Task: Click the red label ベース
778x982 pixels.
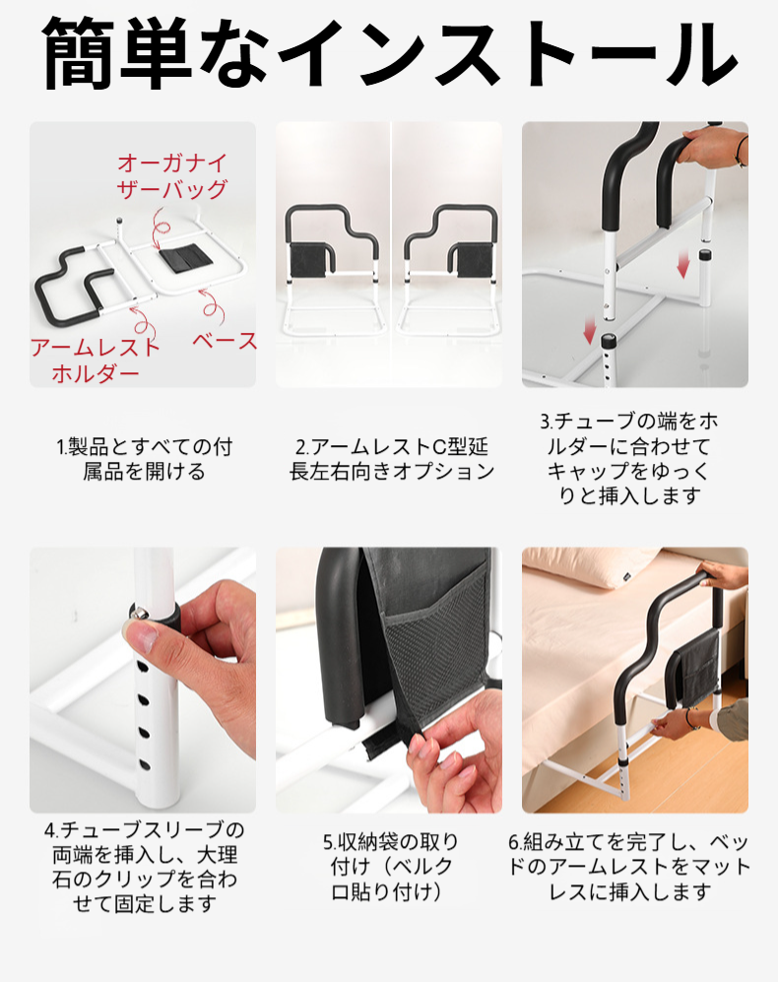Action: [x=225, y=341]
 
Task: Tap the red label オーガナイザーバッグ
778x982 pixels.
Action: [x=172, y=176]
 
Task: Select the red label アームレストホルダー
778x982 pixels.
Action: [x=96, y=360]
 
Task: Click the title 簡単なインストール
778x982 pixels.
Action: [x=389, y=55]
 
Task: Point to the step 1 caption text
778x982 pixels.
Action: [x=144, y=459]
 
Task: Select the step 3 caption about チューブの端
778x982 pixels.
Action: [x=629, y=458]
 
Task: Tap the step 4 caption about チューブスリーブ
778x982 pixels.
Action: [x=144, y=867]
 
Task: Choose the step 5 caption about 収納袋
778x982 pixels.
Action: [x=391, y=867]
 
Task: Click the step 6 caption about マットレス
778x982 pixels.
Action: [x=629, y=867]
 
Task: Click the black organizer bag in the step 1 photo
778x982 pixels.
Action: [x=183, y=259]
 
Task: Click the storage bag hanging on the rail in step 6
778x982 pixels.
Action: [x=695, y=667]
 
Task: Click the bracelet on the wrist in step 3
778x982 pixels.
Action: [x=743, y=153]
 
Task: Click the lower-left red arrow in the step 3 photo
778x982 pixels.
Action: [x=589, y=329]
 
